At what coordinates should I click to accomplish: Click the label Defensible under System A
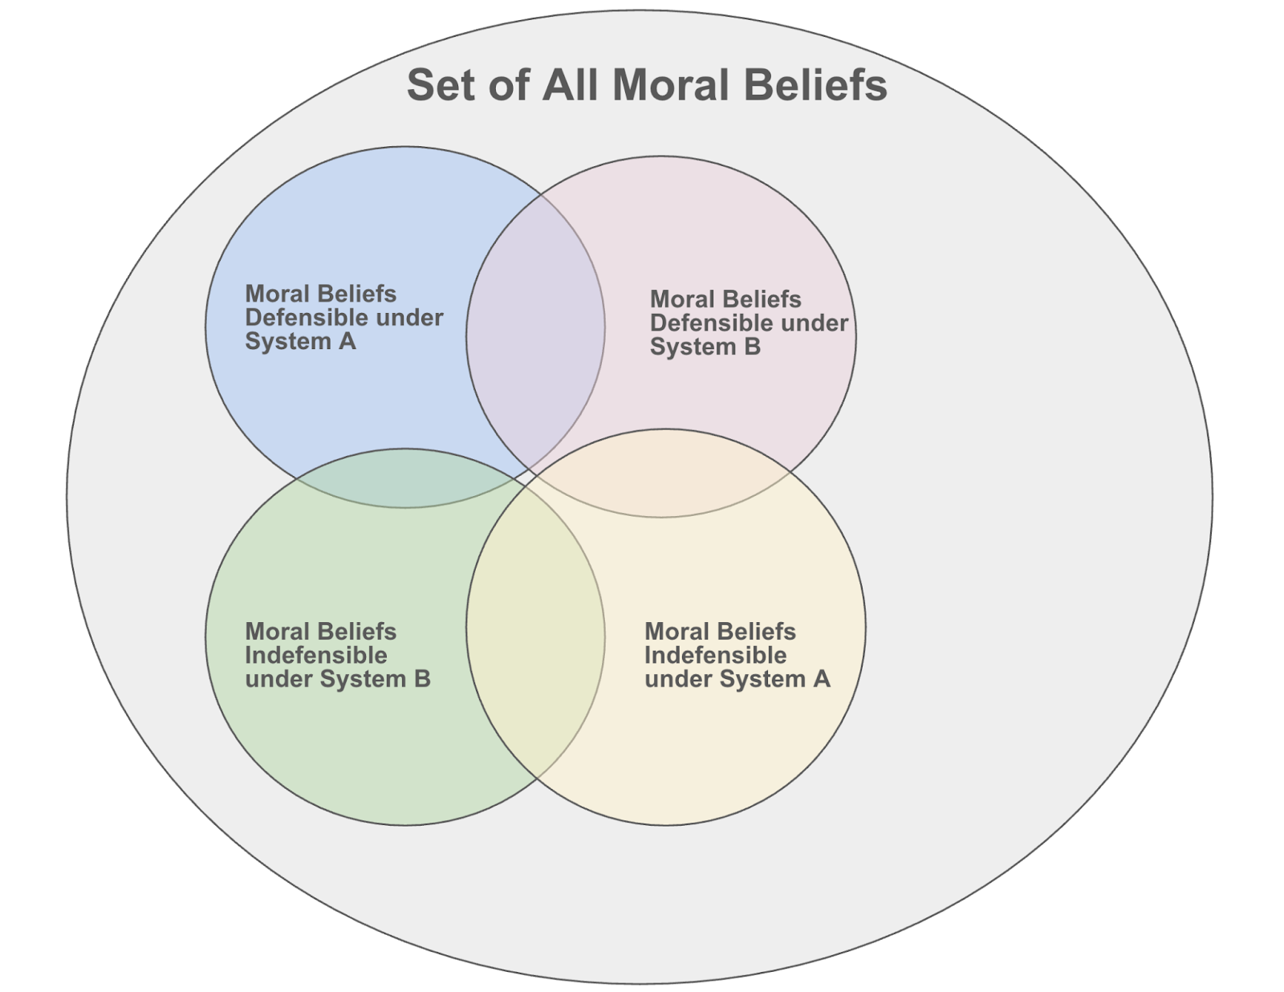[343, 318]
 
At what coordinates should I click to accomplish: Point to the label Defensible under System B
[748, 323]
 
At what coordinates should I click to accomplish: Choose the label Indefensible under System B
[337, 656]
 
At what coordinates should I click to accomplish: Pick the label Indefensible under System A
[737, 656]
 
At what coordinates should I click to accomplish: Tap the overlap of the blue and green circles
[405, 478]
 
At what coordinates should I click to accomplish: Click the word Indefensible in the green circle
[316, 656]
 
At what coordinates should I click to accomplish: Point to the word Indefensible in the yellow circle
[715, 656]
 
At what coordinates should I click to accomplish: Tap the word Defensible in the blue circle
[300, 318]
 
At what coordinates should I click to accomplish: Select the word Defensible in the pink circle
[705, 323]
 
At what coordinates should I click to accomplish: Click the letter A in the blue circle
[347, 342]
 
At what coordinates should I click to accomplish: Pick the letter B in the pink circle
[752, 348]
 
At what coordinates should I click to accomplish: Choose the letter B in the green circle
[421, 680]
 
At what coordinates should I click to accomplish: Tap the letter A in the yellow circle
[821, 680]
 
